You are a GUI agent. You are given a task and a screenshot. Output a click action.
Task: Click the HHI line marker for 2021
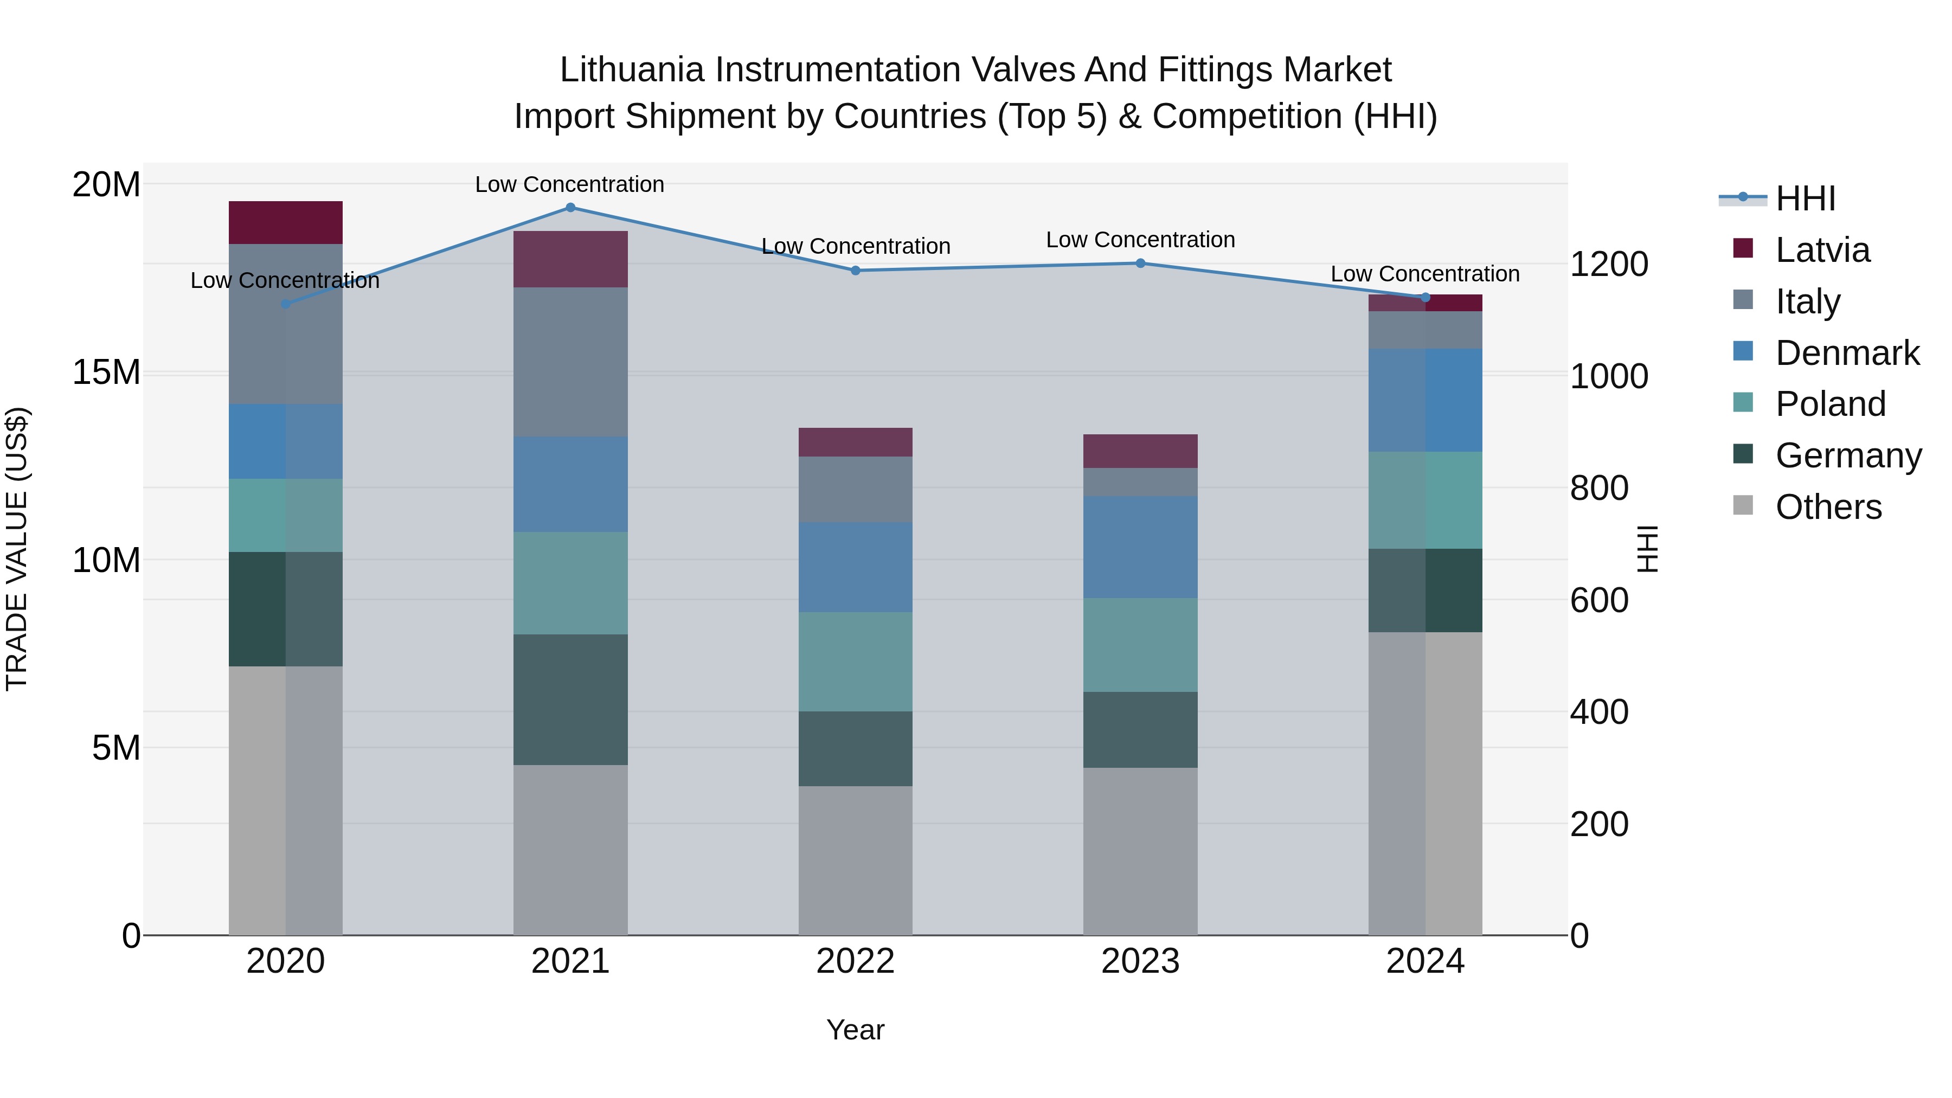coord(570,207)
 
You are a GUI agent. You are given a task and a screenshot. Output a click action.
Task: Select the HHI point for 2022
coord(856,271)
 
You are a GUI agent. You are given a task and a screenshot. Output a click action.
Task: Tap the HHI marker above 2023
coord(1140,263)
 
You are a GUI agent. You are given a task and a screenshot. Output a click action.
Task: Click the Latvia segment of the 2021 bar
coord(570,259)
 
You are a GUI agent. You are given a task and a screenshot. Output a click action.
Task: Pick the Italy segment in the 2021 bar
coord(570,362)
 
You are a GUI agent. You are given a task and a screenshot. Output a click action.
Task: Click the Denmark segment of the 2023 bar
coord(1140,547)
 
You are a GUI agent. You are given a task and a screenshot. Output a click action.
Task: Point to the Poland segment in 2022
coord(856,662)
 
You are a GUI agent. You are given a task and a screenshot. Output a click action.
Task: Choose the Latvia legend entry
coord(1822,250)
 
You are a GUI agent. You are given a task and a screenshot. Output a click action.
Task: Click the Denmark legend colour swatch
coord(1743,351)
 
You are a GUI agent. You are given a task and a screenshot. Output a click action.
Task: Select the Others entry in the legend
coord(1828,507)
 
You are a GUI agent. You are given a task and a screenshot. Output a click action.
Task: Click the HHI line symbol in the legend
coord(1743,198)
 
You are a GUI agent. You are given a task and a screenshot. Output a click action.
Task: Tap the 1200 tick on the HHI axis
coord(1609,265)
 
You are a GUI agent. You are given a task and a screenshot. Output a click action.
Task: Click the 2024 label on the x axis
coord(1424,961)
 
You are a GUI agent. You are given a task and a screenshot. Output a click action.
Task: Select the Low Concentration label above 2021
coord(570,184)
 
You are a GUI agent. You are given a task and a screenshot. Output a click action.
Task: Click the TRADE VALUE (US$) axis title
coord(17,549)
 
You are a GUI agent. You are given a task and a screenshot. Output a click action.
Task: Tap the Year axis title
coord(856,1030)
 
